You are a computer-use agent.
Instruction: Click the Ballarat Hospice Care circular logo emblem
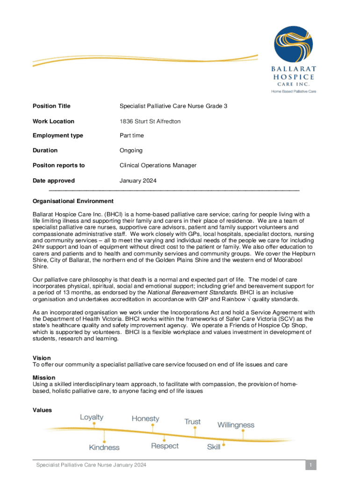tap(293, 44)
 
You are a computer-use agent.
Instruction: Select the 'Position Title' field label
tap(51, 106)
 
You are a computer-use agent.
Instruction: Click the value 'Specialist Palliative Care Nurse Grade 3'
tap(173, 106)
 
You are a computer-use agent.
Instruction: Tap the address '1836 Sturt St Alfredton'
tap(150, 121)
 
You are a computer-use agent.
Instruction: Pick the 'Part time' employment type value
tap(132, 136)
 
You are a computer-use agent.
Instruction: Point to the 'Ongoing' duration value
tap(131, 151)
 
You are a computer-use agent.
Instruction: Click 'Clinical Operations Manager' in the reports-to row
tap(158, 165)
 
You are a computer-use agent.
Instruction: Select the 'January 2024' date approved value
tap(138, 181)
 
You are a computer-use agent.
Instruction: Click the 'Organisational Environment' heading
tap(73, 201)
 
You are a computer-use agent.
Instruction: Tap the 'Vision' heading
tap(42, 358)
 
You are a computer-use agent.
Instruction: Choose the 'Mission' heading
tap(44, 377)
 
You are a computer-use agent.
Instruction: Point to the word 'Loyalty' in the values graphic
tap(92, 417)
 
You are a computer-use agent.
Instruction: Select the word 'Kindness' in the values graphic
tap(104, 447)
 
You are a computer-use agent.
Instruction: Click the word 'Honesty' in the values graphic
tap(145, 419)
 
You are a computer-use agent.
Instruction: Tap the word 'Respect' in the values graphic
tap(165, 446)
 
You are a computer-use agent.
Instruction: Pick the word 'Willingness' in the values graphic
tap(236, 425)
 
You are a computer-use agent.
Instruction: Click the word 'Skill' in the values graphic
tap(214, 447)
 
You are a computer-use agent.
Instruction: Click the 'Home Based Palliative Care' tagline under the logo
tap(294, 91)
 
